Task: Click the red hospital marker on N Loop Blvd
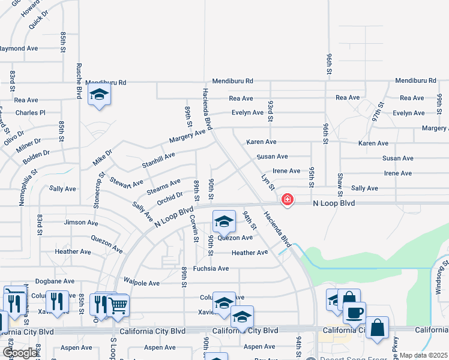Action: click(288, 199)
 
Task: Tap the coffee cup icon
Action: click(354, 313)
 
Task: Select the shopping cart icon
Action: click(118, 306)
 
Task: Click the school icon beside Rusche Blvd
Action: click(99, 95)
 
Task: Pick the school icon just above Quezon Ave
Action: click(224, 222)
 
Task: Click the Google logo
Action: click(20, 353)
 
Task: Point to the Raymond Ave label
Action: click(19, 48)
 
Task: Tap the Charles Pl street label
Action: click(31, 113)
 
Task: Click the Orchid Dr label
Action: click(170, 199)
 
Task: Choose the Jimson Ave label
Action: click(80, 223)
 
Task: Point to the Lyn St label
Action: click(268, 182)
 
